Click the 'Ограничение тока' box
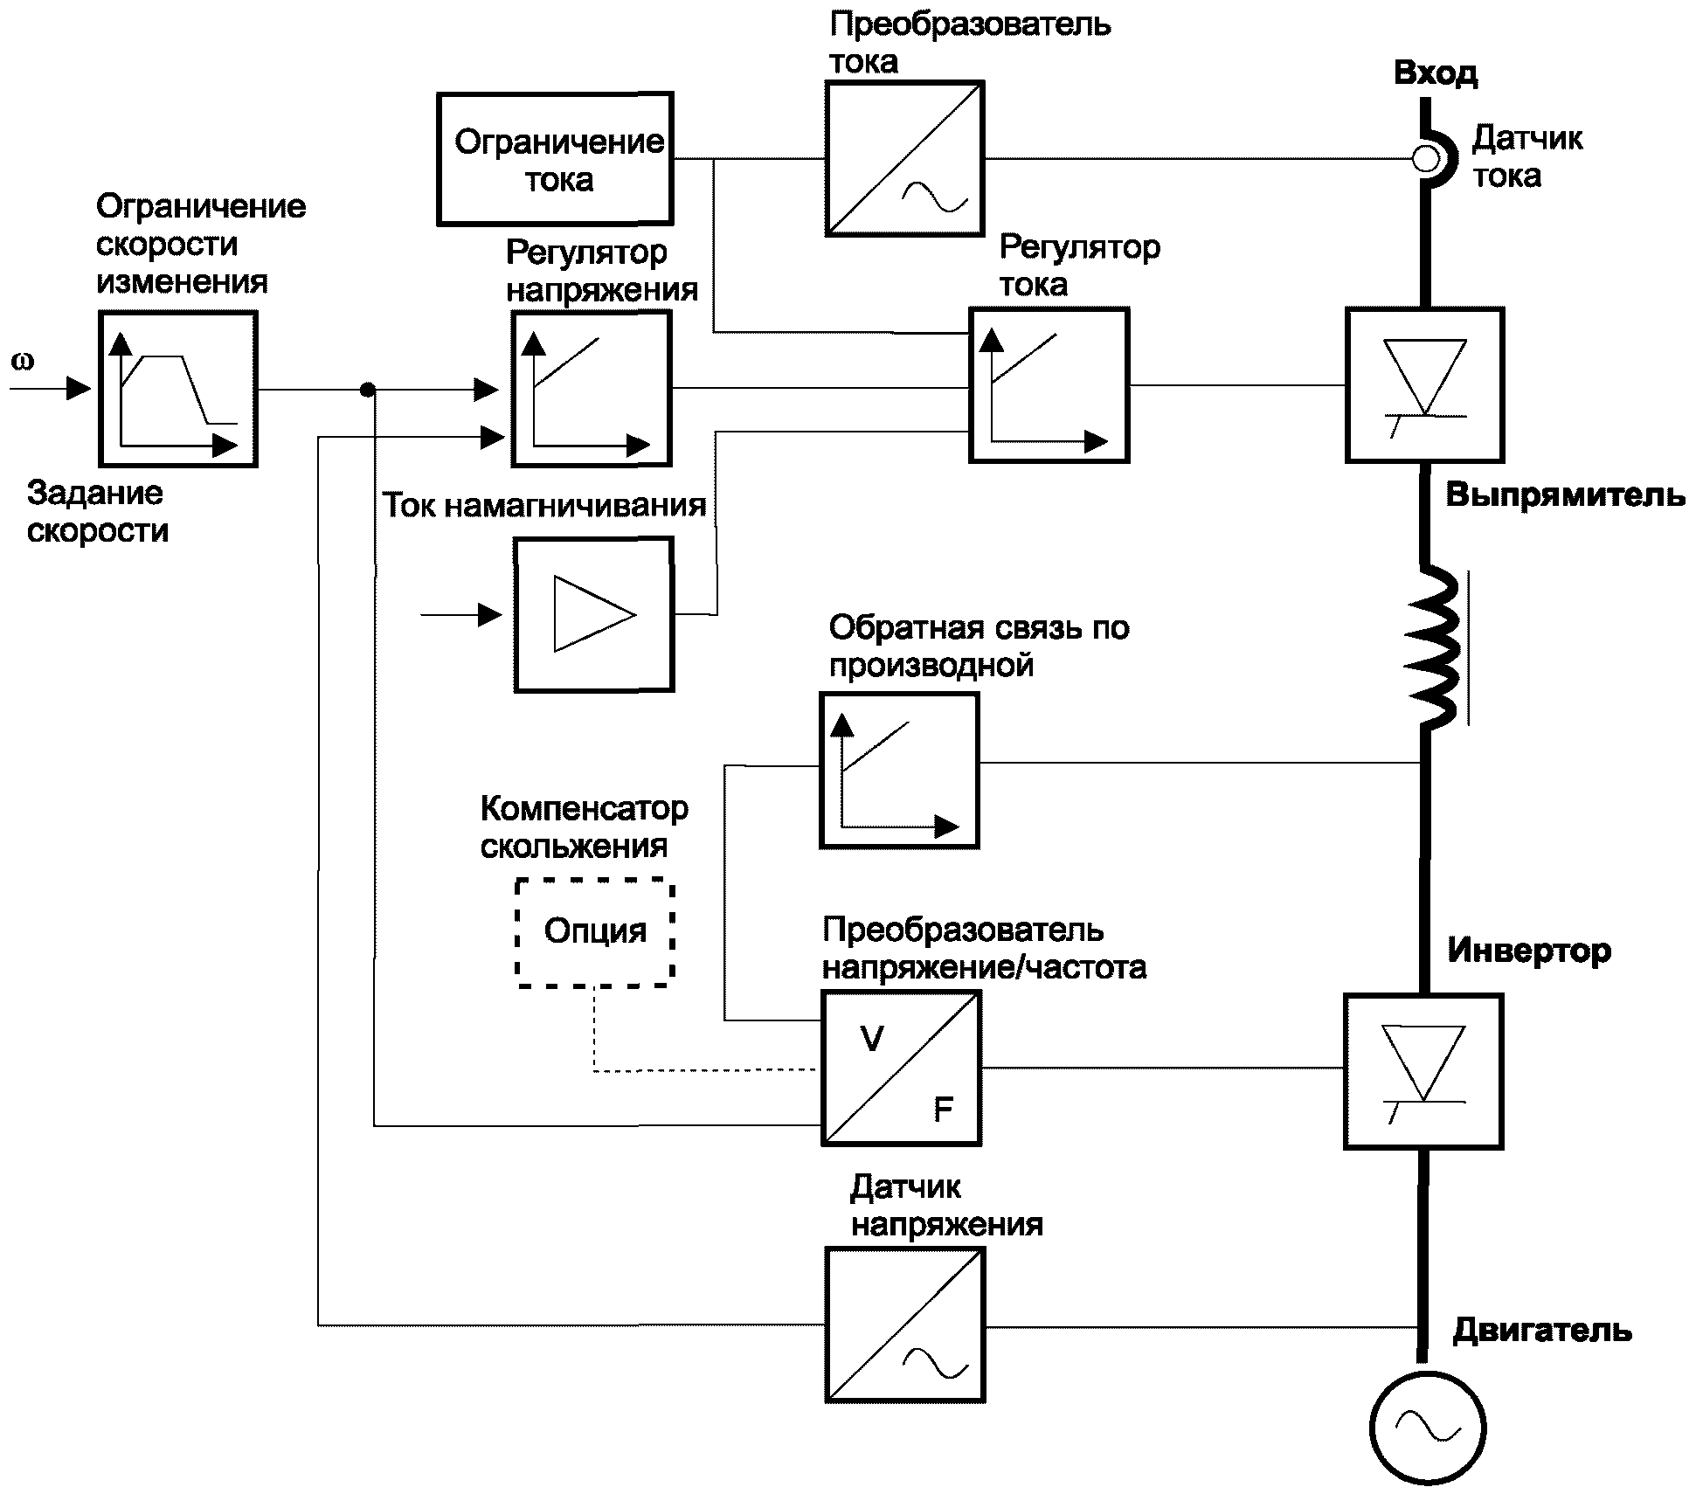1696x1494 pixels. point(555,159)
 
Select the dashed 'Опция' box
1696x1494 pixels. point(595,932)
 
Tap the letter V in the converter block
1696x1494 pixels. point(871,1040)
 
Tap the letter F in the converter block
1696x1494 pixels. point(943,1110)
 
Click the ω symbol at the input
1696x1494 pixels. point(23,361)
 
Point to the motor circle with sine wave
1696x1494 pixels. point(1427,1428)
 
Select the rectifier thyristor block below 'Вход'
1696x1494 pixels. point(1424,384)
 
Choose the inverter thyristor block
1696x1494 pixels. point(1423,1071)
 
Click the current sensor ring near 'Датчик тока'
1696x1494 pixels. point(1426,159)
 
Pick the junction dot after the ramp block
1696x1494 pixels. point(368,389)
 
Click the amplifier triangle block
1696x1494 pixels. point(594,614)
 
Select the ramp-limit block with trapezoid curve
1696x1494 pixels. point(177,389)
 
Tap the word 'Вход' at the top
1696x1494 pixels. point(1436,73)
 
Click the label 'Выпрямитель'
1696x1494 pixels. point(1565,495)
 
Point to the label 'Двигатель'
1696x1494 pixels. point(1541,1331)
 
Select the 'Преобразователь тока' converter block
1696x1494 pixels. point(905,159)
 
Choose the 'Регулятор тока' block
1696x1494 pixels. point(1049,384)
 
